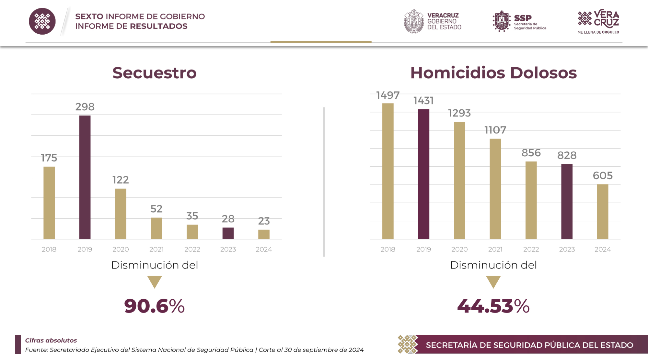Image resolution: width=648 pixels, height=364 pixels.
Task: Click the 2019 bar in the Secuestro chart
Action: pos(85,177)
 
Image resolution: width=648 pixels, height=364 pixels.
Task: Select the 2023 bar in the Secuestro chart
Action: pos(228,233)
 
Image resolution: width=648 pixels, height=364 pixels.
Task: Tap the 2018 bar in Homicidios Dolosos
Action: pos(388,171)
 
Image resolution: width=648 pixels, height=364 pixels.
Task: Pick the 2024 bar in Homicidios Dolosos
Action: pos(603,212)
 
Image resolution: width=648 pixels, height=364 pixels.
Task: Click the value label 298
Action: pos(85,107)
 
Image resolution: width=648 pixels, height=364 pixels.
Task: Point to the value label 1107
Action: pos(495,130)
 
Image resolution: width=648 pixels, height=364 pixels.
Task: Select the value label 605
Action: pos(603,176)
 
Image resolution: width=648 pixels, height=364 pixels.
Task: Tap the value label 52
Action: pos(156,209)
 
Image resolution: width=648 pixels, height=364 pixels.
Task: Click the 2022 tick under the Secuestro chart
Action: pos(192,249)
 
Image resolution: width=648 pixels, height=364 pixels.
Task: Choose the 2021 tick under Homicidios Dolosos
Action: pos(495,249)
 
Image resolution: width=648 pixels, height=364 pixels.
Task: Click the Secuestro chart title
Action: pos(155,73)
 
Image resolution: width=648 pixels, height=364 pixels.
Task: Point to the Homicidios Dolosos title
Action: pos(493,73)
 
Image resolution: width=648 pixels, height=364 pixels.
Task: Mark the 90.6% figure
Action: pos(154,306)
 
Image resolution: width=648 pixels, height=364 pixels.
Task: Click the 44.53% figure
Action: pos(493,306)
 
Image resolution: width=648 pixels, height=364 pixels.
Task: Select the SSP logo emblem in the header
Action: pos(502,21)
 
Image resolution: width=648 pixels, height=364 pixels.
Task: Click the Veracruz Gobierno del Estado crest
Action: pos(414,21)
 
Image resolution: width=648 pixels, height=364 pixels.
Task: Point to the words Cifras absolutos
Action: pos(51,340)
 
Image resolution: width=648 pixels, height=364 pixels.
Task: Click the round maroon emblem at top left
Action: pos(42,21)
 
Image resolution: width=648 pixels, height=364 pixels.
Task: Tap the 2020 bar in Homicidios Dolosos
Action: pos(459,180)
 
